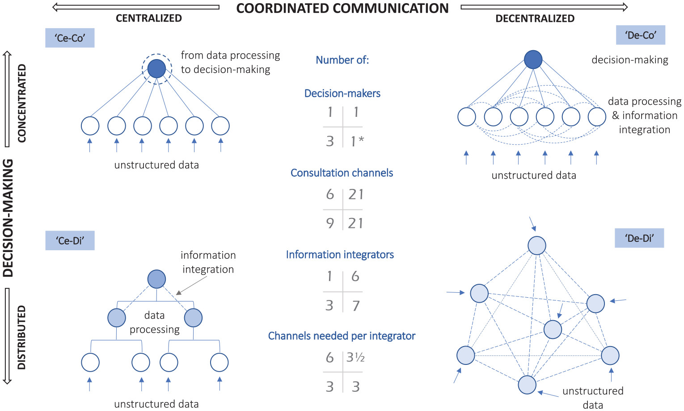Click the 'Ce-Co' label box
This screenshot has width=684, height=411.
(70, 38)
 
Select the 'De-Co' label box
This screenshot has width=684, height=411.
(640, 35)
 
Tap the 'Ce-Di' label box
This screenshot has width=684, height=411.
(70, 240)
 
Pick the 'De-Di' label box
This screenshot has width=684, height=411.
(639, 238)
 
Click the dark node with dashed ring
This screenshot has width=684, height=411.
(156, 68)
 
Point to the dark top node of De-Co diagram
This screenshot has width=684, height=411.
(533, 60)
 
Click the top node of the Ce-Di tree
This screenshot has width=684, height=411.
(156, 279)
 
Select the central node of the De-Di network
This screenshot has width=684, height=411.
(553, 330)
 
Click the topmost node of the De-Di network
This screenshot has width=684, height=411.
(536, 245)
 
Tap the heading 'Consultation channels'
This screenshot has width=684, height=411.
(342, 173)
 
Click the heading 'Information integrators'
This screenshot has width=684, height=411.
(340, 255)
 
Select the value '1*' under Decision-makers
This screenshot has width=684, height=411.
(357, 141)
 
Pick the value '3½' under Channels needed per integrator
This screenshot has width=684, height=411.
(356, 357)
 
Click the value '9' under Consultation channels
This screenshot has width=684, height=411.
(330, 223)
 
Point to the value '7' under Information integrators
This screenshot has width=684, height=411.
(356, 306)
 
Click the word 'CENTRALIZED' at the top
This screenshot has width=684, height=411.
(148, 18)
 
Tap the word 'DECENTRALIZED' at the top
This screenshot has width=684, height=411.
(535, 19)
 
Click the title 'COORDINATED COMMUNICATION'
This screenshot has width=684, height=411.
(342, 8)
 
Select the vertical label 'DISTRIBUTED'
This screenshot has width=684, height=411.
(21, 337)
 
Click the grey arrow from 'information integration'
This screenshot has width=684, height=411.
(192, 285)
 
